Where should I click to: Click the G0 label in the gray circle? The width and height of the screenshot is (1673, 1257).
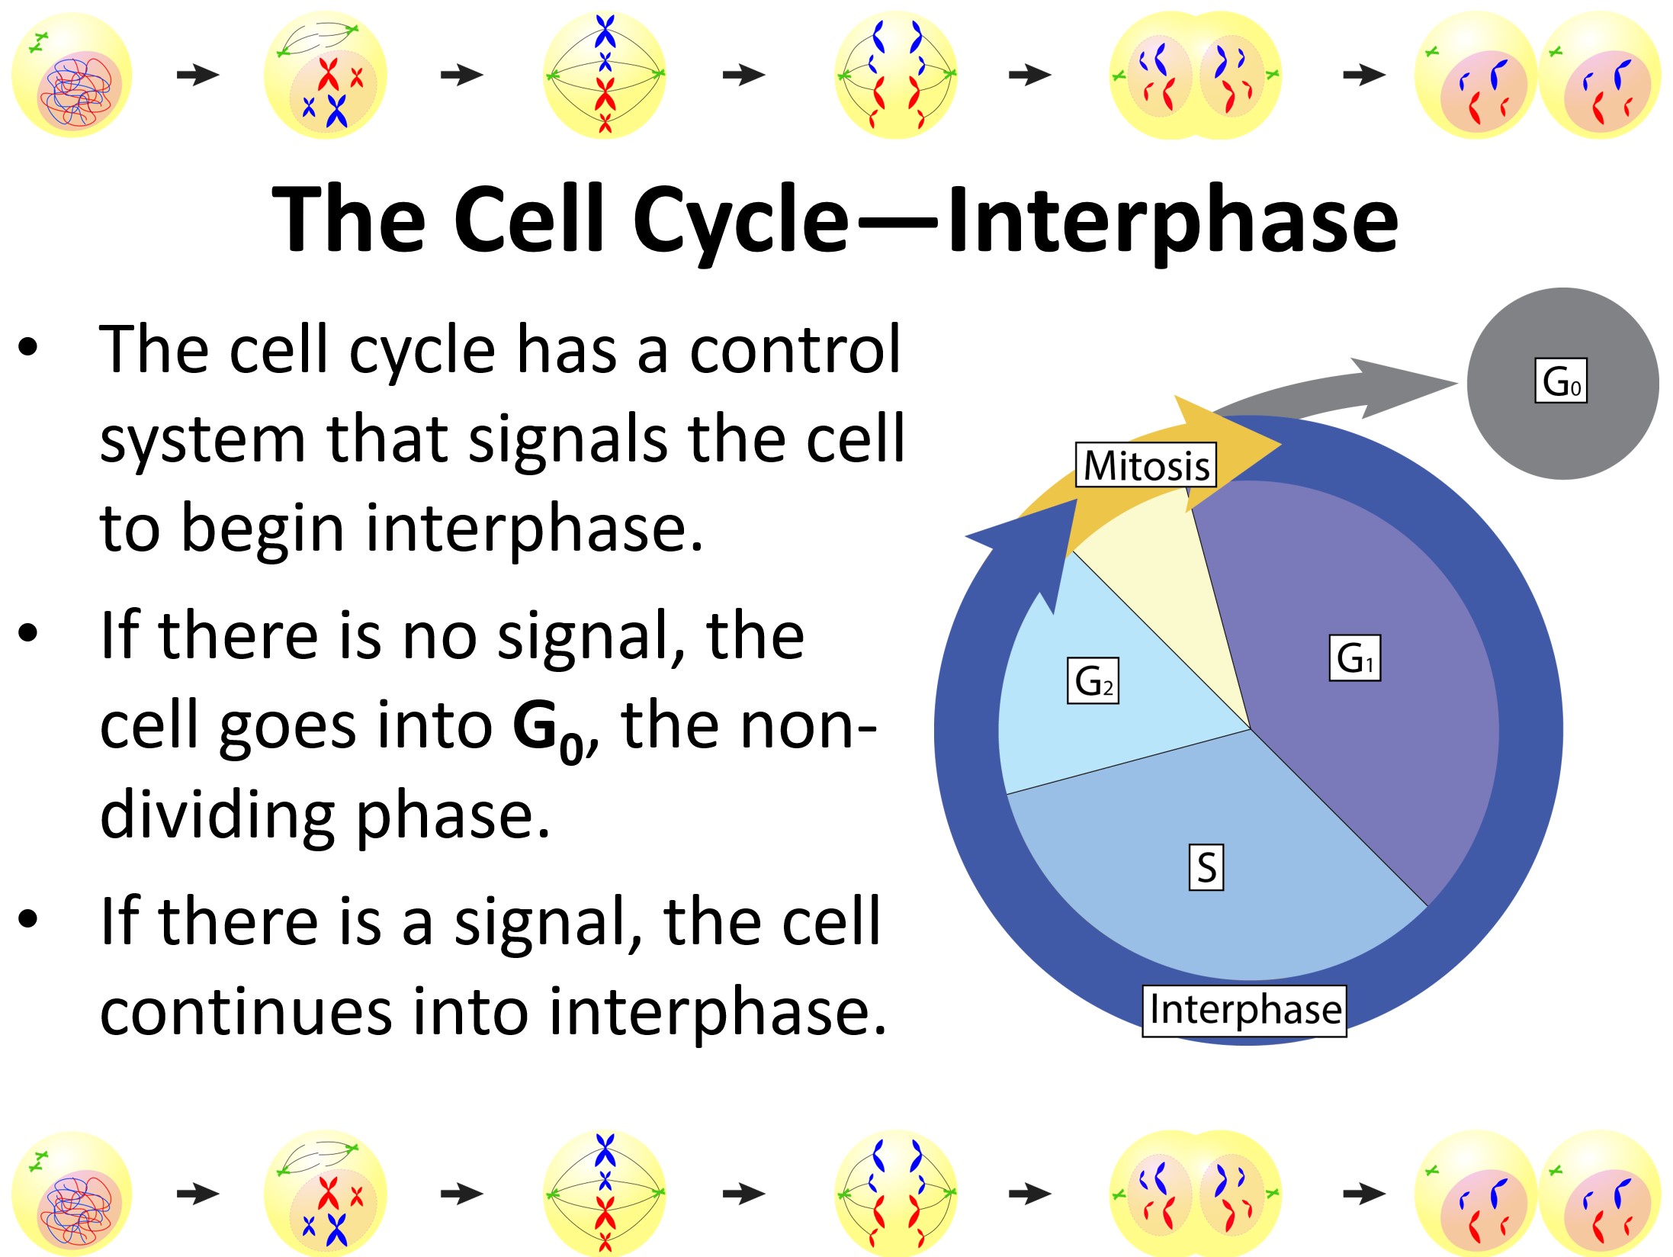[1561, 380]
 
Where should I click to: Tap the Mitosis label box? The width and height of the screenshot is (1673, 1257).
[1146, 465]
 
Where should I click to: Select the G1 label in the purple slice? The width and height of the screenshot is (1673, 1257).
[1355, 657]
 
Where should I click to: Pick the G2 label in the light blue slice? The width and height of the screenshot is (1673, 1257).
[1093, 680]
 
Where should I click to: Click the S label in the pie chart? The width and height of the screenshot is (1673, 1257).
[1206, 867]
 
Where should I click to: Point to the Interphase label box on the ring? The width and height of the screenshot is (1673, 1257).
[1244, 1011]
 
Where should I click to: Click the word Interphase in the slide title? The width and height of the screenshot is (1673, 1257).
[1173, 220]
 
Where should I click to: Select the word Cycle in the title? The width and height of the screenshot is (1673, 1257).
[740, 220]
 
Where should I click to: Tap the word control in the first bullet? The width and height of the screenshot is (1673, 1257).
[795, 349]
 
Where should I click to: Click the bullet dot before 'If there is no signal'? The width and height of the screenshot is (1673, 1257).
[27, 632]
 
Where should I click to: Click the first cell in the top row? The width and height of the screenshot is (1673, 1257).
[72, 75]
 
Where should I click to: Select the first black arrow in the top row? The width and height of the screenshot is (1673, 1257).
[198, 75]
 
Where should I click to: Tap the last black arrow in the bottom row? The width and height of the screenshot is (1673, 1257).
[1364, 1194]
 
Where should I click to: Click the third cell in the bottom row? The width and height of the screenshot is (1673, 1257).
[605, 1192]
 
